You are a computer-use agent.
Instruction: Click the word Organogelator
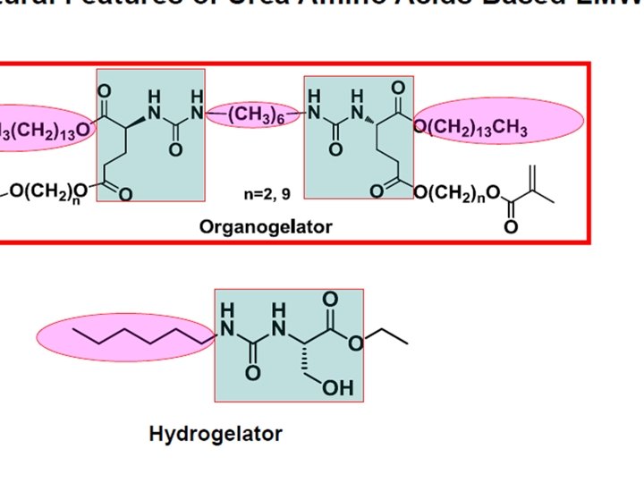coord(265,226)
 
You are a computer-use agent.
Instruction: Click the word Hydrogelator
coord(215,435)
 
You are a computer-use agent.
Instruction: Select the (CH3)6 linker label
coord(255,115)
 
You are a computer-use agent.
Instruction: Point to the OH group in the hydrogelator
coord(343,388)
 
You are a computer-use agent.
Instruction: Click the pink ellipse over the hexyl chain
coord(125,338)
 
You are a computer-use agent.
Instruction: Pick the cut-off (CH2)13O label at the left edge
coord(45,130)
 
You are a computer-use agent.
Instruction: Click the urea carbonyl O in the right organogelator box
coord(335,148)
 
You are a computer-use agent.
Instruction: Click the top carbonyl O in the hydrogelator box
coord(333,298)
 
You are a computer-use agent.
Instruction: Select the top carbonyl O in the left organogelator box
coord(105,89)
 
